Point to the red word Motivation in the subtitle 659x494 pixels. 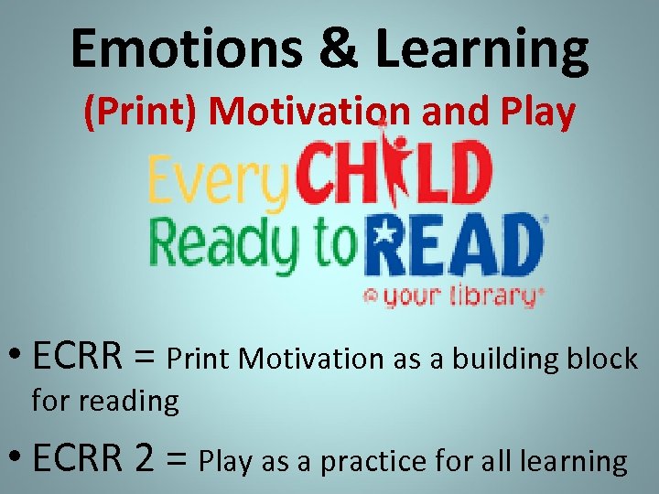310,113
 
